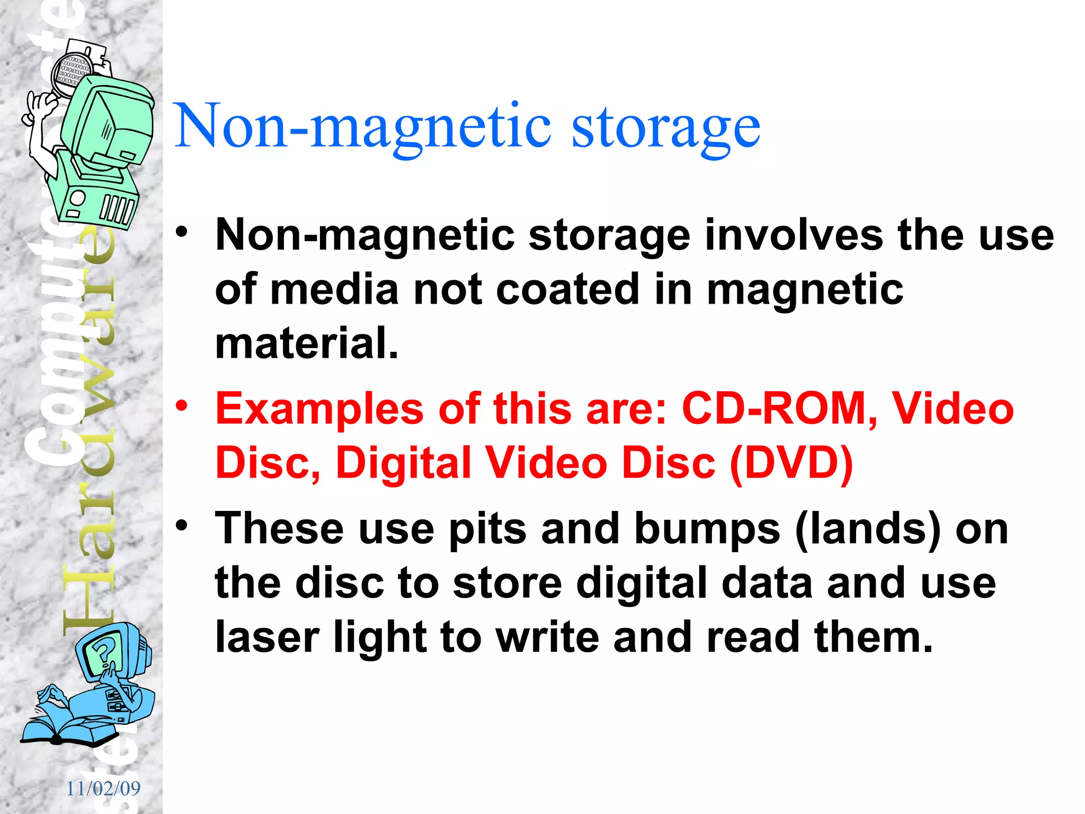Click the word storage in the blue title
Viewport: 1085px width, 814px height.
665,127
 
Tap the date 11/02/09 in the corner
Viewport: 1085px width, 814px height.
103,789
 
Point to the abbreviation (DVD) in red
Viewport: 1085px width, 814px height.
791,463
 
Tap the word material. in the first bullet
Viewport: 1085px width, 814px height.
306,343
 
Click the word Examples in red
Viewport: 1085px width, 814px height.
319,409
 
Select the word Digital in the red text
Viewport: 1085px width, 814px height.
403,463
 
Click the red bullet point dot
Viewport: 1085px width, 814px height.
182,406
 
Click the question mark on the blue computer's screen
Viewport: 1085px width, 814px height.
103,651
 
